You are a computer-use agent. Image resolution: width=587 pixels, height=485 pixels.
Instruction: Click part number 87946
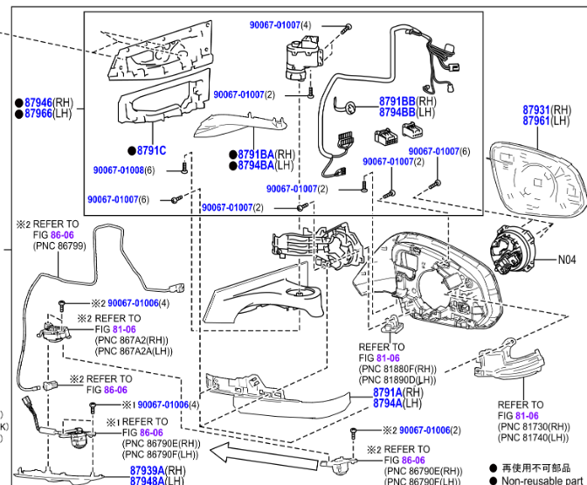38,102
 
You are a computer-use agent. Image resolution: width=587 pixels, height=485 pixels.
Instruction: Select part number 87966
38,114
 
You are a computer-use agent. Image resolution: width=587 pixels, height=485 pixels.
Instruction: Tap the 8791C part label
151,150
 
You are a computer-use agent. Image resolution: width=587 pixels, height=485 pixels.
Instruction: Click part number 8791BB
397,101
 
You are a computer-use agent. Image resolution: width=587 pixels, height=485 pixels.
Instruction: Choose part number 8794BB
397,113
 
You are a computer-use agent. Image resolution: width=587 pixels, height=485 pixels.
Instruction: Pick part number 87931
535,110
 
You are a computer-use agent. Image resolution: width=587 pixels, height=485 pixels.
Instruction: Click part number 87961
535,121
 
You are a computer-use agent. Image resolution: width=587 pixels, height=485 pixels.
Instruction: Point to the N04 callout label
568,260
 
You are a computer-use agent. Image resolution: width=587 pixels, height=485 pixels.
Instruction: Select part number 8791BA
255,155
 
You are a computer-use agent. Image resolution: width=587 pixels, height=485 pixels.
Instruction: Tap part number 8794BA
255,165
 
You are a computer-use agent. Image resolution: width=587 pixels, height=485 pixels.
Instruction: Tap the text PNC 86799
59,247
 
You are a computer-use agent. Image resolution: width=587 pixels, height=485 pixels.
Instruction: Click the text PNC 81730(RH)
533,426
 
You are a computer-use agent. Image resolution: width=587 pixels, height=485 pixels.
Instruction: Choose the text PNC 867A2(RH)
132,340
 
